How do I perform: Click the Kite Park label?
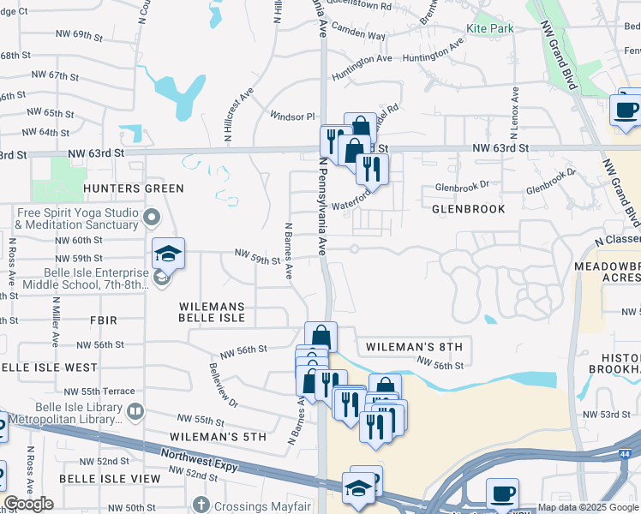pos(488,28)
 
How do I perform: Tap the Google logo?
pos(28,504)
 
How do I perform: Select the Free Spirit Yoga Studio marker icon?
pos(152,218)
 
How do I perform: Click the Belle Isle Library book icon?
pos(135,413)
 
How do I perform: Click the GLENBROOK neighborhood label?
pos(468,208)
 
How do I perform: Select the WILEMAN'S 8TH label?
pos(414,346)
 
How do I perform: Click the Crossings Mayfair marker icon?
pos(201,505)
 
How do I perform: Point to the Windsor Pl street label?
pos(293,116)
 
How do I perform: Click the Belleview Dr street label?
pos(223,385)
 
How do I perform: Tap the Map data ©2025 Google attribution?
pos(589,507)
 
